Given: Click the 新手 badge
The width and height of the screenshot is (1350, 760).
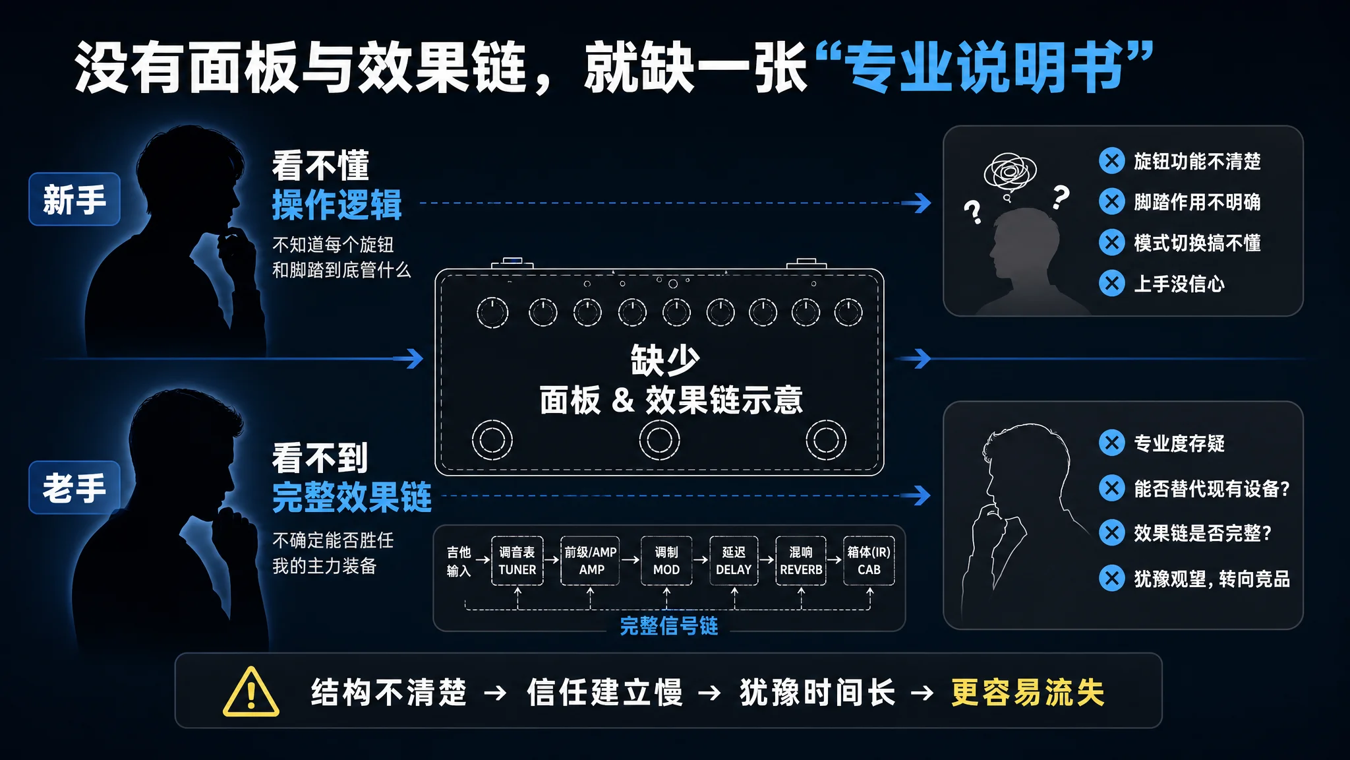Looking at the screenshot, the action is [74, 199].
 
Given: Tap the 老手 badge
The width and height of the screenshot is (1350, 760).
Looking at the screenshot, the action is [74, 488].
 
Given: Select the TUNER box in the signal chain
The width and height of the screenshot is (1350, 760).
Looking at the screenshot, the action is [517, 561].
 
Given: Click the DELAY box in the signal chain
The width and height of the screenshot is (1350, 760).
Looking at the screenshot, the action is [734, 561].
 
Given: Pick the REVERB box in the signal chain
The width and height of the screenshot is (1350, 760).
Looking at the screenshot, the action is [801, 561].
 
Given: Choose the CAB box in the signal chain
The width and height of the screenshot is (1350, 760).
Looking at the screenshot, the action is [869, 561].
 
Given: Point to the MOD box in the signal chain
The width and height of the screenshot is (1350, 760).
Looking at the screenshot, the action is [666, 561].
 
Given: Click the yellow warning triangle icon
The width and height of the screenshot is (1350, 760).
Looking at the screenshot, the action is [251, 692].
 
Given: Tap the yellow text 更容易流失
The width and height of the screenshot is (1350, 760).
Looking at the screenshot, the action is [1028, 693].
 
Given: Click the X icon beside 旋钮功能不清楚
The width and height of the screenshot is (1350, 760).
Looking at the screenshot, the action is [1112, 160].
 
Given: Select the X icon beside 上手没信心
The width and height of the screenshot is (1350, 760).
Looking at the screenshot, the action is [1112, 283].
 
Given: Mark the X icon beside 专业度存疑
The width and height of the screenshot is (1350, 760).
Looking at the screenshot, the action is [1112, 443].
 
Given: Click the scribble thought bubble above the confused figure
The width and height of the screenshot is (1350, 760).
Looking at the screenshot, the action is [1010, 173].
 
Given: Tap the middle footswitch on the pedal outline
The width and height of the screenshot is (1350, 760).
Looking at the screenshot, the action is [659, 440].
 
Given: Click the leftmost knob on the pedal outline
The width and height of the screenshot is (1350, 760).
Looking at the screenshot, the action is [492, 313].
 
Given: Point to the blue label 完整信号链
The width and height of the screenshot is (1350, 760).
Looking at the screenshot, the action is [669, 625].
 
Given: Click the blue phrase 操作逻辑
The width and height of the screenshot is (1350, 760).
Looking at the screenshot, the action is [337, 205].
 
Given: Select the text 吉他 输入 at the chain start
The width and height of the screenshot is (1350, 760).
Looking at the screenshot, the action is [459, 561].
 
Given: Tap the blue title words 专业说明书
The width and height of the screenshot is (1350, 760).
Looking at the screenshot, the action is [985, 67].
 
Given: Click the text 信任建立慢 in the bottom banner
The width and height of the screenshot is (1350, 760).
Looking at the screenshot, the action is [604, 693].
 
